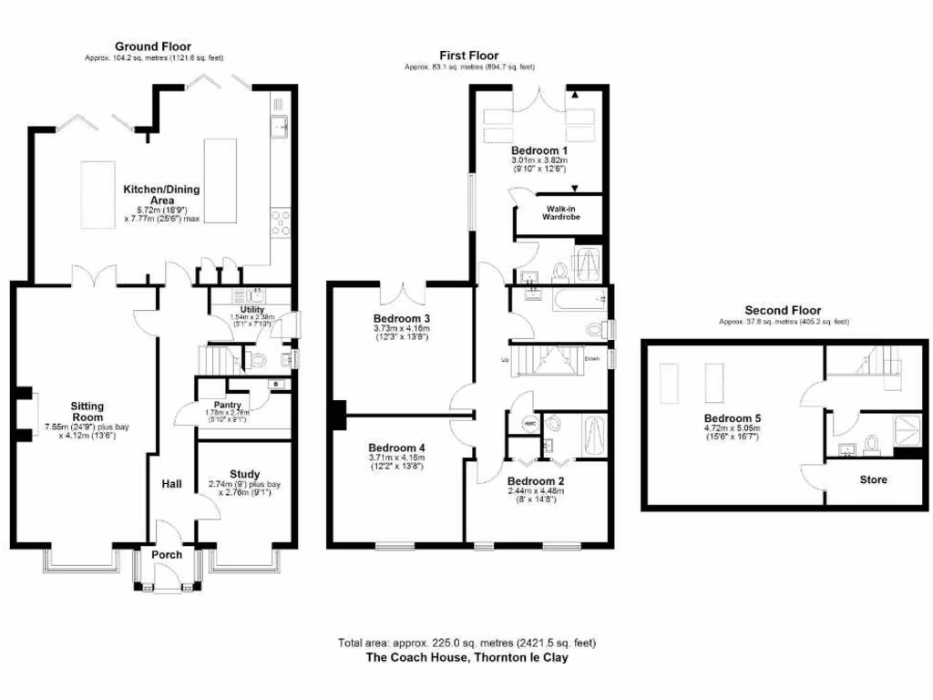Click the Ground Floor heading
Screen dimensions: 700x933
152,46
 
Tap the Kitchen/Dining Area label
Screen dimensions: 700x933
162,195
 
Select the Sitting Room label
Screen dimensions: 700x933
88,412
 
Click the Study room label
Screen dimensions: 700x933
244,474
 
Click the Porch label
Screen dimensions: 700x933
167,554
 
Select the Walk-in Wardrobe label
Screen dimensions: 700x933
561,213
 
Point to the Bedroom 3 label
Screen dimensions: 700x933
401,318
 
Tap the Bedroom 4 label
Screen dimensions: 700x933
396,448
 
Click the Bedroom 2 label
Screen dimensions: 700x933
536,480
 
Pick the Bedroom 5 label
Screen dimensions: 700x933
732,419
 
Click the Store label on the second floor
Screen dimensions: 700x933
873,479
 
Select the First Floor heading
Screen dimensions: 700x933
469,56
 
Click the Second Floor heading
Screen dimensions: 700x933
783,310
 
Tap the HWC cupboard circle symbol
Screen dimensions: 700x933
528,423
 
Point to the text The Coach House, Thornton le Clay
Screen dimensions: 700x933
466,656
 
